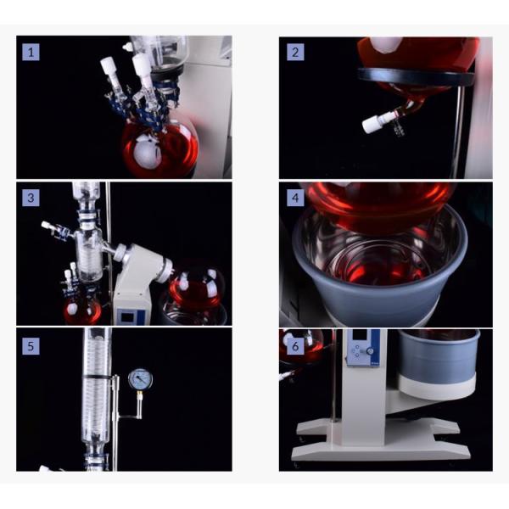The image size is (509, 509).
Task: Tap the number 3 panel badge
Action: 31,198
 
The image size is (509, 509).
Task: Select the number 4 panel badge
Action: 294,198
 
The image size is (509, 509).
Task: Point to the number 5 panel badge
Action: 31,345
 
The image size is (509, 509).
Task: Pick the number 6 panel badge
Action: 294,345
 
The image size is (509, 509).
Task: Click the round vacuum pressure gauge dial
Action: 139,379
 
